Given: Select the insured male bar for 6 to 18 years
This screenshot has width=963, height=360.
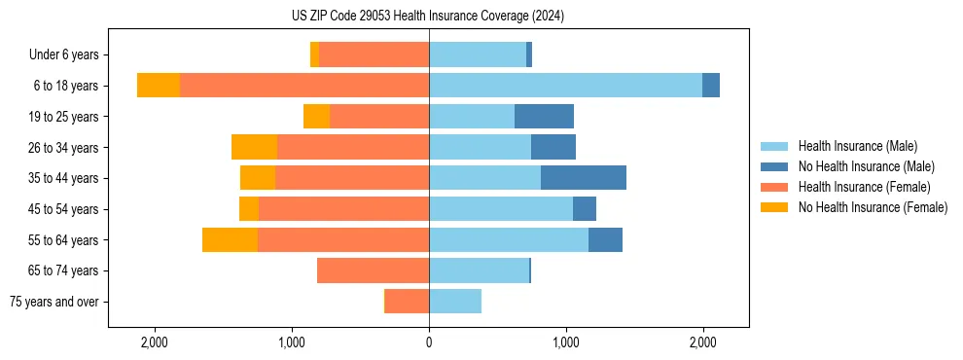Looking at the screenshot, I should [x=565, y=86].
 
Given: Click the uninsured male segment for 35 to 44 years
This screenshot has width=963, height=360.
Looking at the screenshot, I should [x=584, y=178].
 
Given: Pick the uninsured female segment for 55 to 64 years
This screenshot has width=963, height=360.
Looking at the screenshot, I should [x=230, y=240].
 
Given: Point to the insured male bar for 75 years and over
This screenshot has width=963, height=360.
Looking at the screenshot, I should [x=455, y=302].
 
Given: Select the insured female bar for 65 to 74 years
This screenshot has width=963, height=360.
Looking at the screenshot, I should [x=373, y=270].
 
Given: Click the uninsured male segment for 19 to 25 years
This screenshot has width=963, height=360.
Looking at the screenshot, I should [x=544, y=117].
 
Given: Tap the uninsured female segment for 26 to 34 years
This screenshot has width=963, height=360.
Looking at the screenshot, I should [x=254, y=147].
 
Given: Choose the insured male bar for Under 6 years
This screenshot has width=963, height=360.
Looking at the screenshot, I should [x=478, y=54].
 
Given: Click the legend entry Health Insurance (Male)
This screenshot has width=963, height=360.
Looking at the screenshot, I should [x=857, y=147].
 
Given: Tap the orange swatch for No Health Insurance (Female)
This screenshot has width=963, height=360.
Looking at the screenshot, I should [x=774, y=207].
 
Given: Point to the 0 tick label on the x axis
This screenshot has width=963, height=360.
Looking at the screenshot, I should [x=429, y=342].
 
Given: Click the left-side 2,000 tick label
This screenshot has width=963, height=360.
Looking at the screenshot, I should [x=155, y=342].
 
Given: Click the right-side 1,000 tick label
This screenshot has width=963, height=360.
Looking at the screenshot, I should [x=566, y=342].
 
